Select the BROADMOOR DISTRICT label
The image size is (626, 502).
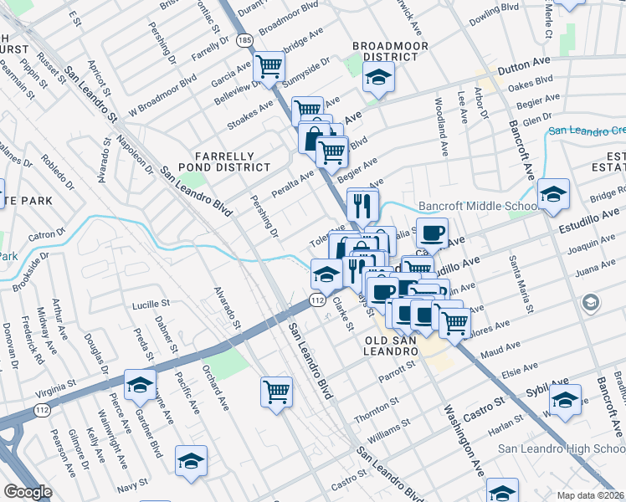[385, 51]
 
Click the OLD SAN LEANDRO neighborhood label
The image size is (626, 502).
[392, 346]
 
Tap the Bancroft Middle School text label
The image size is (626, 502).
[478, 206]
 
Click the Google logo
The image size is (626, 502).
[28, 492]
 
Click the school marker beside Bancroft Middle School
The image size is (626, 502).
[553, 194]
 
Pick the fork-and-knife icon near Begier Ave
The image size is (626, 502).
[362, 203]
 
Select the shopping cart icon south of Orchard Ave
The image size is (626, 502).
[276, 390]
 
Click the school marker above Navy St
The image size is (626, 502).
[191, 461]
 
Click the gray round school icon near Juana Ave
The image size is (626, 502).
[591, 301]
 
